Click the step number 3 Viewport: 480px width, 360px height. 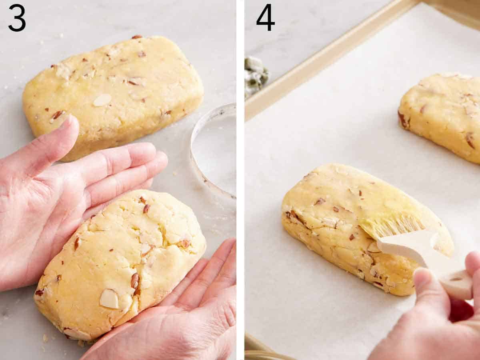pyautogui.click(x=17, y=18)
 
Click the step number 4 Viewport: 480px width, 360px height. pyautogui.click(x=265, y=18)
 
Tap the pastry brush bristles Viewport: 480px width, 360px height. pyautogui.click(x=394, y=226)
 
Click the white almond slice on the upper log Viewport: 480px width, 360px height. pyautogui.click(x=102, y=100)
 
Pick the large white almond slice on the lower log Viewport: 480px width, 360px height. pyautogui.click(x=109, y=299)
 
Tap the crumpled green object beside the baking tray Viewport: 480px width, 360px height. pyautogui.click(x=256, y=74)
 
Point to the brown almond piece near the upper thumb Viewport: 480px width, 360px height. pyautogui.click(x=57, y=115)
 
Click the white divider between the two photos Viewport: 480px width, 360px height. pyautogui.click(x=240, y=180)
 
